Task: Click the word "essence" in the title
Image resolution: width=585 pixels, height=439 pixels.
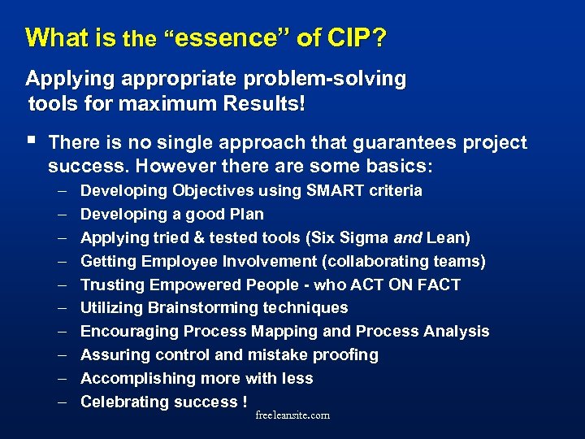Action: [x=213, y=38]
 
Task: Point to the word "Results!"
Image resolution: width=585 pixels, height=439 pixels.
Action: [x=265, y=105]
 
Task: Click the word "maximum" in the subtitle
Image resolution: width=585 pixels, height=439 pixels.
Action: [x=173, y=105]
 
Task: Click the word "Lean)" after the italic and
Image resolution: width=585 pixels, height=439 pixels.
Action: [x=449, y=238]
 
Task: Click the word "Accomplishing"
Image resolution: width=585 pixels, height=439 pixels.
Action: [x=135, y=379]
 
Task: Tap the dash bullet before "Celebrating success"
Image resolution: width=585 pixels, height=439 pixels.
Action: [x=63, y=402]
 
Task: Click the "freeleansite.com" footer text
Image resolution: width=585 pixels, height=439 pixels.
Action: [x=292, y=415]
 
